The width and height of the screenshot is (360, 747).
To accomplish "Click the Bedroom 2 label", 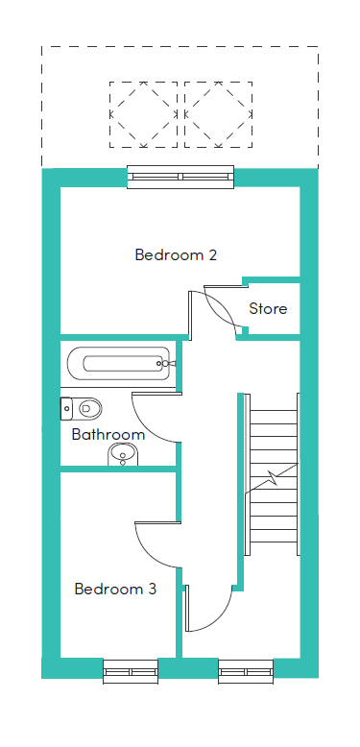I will pyautogui.click(x=176, y=255).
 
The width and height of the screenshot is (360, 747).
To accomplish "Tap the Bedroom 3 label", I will pyautogui.click(x=115, y=589).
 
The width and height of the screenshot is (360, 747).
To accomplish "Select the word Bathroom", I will pyautogui.click(x=108, y=434).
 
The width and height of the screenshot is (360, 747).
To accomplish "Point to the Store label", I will pyautogui.click(x=268, y=309).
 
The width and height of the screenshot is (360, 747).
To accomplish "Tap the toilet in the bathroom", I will pyautogui.click(x=84, y=408).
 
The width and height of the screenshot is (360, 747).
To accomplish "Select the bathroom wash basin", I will pyautogui.click(x=122, y=454).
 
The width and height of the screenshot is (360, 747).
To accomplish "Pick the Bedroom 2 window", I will pyautogui.click(x=180, y=176).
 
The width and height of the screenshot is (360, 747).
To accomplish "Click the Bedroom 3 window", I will pyautogui.click(x=131, y=669).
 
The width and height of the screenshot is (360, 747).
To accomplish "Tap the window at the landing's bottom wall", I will pyautogui.click(x=246, y=669).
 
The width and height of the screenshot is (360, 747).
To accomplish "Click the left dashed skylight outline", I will pyautogui.click(x=144, y=113).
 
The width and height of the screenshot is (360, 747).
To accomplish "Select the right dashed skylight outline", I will pyautogui.click(x=218, y=113).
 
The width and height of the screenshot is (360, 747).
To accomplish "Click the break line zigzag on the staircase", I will pyautogui.click(x=275, y=476).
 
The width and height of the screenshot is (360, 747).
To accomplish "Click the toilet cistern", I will pyautogui.click(x=65, y=408).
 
